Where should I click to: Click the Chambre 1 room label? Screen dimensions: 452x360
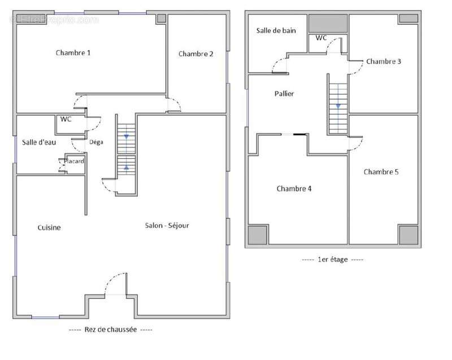[73, 53]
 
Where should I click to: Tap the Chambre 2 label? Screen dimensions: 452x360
[195, 54]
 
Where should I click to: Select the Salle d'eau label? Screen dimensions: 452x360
[39, 142]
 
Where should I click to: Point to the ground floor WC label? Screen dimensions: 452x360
[66, 119]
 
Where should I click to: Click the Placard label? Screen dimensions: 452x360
[74, 161]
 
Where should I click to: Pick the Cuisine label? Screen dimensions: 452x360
[49, 227]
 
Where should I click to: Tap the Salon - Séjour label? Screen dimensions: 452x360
[167, 225]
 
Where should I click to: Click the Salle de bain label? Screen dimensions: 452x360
[276, 31]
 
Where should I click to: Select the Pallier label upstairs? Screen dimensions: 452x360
[284, 94]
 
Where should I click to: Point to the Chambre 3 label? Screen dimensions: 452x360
[384, 62]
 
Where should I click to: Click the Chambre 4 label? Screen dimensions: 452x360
[294, 189]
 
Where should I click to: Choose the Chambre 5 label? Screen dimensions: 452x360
[381, 172]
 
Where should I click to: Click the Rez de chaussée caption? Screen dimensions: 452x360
[110, 329]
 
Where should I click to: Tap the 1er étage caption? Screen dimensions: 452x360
[332, 259]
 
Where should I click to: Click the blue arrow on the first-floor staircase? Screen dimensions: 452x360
[338, 106]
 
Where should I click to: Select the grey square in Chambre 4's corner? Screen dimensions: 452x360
[258, 235]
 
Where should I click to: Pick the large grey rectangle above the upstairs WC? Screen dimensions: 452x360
[328, 23]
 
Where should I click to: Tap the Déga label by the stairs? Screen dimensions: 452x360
[96, 142]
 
